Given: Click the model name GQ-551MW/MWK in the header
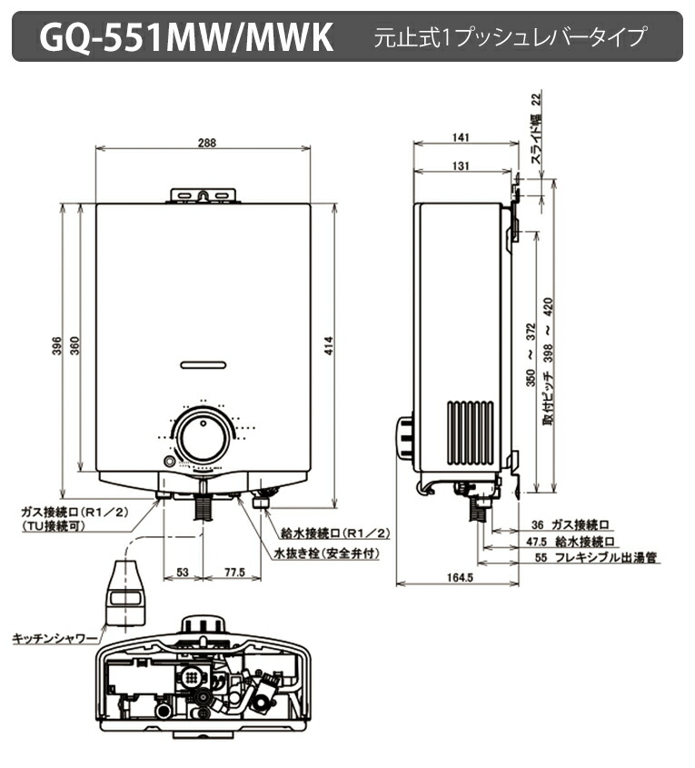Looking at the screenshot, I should point(186,37).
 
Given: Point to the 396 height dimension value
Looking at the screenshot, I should point(55,346).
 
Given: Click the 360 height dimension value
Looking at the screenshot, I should point(75,346).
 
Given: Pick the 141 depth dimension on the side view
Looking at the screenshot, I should point(459,137).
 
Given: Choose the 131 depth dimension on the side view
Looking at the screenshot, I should point(459,165).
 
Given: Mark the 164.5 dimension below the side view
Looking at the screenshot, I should point(459,578).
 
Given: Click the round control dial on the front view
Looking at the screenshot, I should point(204,437).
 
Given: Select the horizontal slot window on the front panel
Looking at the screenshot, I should point(204,364).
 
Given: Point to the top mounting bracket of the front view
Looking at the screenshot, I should point(204,194).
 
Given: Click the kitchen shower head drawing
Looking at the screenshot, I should point(125,593).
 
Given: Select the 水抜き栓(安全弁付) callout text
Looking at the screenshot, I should point(326,553).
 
